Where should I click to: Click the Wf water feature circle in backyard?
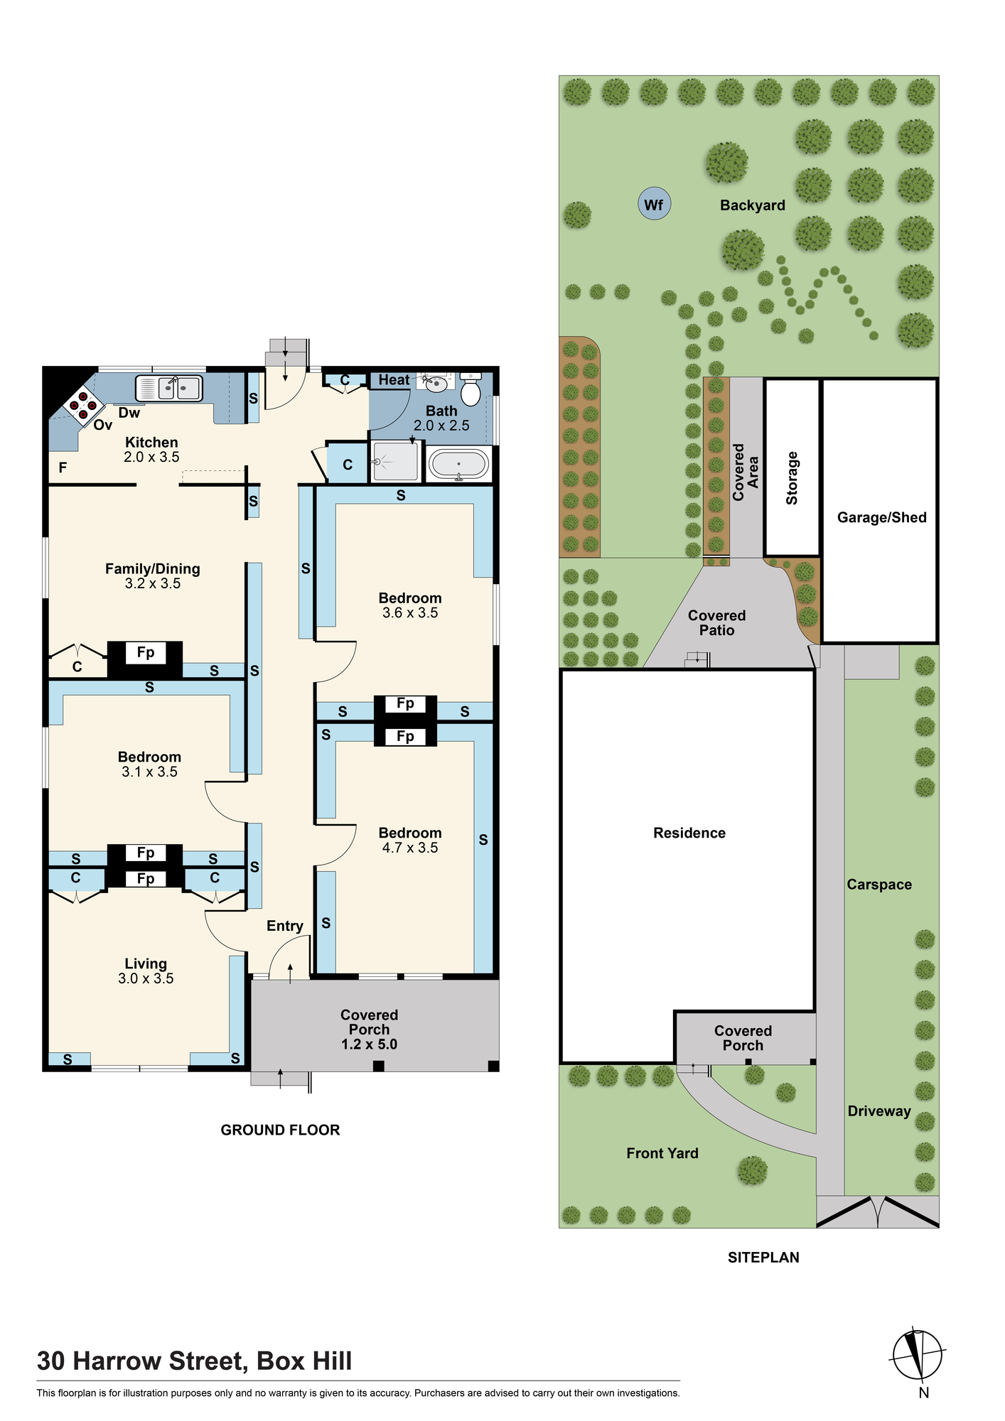coord(654,204)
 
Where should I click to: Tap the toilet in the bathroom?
coord(471,389)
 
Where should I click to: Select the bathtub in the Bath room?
coord(459,464)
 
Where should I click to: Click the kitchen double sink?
coord(169,388)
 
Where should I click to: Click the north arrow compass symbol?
coord(918,1354)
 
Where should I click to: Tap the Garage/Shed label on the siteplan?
coord(881,517)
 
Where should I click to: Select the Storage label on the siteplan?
coord(792,478)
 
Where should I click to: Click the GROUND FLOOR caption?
coord(280,1130)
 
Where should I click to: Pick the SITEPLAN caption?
coord(763,1257)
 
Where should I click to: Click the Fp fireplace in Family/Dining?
coord(145,653)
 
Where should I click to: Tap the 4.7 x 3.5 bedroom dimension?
coord(410,848)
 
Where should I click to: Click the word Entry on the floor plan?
coord(284,926)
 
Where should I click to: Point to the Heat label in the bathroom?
coord(394,380)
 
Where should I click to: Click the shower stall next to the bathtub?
coord(396,461)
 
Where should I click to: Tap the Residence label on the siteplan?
coord(689,833)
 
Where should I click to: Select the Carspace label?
coord(878,885)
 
